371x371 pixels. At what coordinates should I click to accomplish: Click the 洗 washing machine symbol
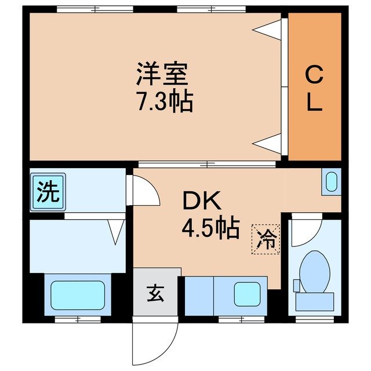[49, 192]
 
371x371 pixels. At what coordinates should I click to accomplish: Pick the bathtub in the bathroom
[77, 296]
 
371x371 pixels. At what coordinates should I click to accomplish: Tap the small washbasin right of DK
[331, 181]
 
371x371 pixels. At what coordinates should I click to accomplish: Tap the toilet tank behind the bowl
[315, 301]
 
